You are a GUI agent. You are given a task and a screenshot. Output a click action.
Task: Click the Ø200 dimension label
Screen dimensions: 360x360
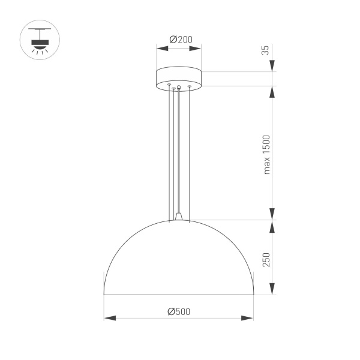click(x=179, y=40)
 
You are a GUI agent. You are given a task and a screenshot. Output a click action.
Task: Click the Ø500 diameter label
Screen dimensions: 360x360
click(x=179, y=311)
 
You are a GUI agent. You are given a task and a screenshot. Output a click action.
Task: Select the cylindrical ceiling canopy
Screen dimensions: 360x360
click(x=179, y=78)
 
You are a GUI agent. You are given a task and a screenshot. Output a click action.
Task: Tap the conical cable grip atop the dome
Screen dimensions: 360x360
click(x=179, y=215)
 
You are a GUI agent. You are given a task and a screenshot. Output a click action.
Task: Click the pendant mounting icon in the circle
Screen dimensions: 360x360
click(x=40, y=41)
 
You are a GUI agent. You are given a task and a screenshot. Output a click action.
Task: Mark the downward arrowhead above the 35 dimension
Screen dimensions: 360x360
click(x=272, y=65)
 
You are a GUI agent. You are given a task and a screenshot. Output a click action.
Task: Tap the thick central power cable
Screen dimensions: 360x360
click(x=179, y=150)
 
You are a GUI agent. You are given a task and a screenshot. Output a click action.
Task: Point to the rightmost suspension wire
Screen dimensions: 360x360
click(x=190, y=150)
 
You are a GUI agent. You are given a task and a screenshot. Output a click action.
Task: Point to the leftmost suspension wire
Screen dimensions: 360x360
click(x=169, y=150)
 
